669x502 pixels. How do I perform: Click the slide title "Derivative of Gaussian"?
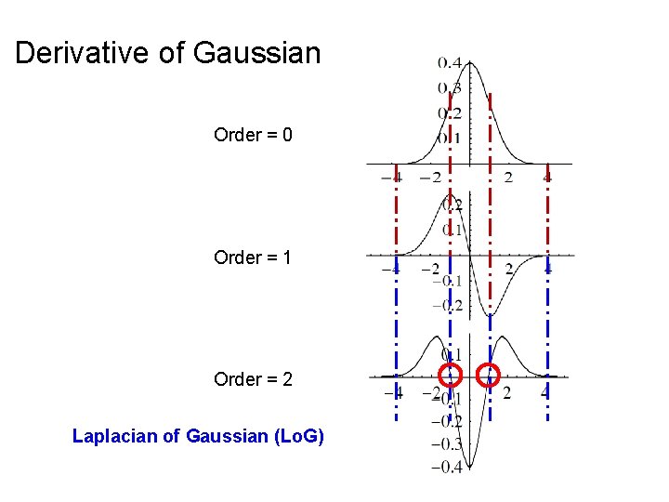point(167,53)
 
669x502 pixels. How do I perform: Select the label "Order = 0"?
point(253,135)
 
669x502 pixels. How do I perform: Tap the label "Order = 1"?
point(253,258)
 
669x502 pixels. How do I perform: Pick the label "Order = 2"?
point(253,379)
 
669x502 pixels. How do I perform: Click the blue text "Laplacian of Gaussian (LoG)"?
point(198,435)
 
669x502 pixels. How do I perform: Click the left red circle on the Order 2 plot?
point(451,375)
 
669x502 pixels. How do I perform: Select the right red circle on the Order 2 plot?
point(489,375)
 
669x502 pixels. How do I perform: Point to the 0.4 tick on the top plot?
point(450,63)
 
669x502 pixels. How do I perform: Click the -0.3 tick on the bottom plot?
point(447,443)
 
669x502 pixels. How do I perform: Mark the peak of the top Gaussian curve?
point(469,62)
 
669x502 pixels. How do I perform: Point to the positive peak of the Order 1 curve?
point(450,196)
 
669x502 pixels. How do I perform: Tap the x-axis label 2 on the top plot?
point(508,178)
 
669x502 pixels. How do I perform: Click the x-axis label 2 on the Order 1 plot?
point(508,271)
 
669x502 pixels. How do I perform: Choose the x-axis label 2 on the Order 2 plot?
point(506,392)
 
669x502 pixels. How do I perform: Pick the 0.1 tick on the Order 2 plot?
point(451,354)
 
